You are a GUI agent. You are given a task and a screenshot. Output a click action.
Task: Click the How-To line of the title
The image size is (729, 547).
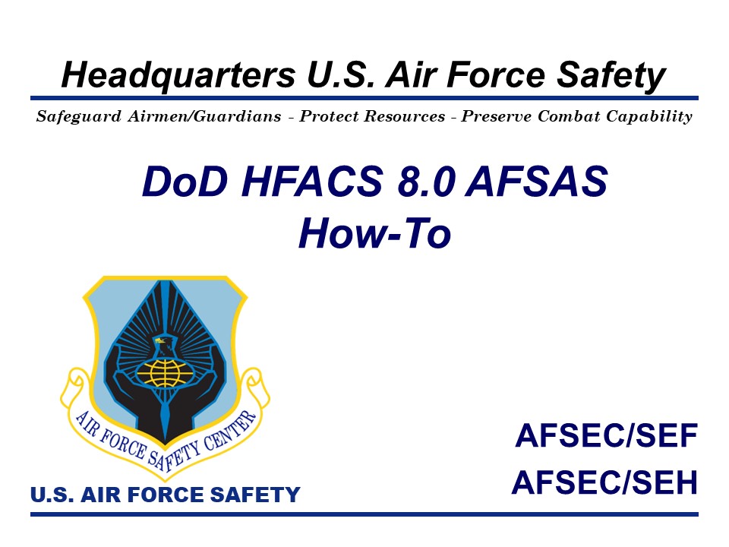pyautogui.click(x=374, y=233)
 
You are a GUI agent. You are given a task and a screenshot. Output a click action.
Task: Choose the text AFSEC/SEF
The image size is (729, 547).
pyautogui.click(x=605, y=437)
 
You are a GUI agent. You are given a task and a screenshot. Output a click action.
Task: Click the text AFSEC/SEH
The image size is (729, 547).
pyautogui.click(x=605, y=482)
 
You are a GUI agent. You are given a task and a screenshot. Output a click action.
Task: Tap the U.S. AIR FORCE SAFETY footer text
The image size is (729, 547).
pyautogui.click(x=166, y=495)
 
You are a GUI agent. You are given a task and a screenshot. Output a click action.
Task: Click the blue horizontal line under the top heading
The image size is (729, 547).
pyautogui.click(x=364, y=98)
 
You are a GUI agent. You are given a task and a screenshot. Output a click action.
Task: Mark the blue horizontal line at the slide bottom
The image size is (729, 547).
pyautogui.click(x=364, y=514)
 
